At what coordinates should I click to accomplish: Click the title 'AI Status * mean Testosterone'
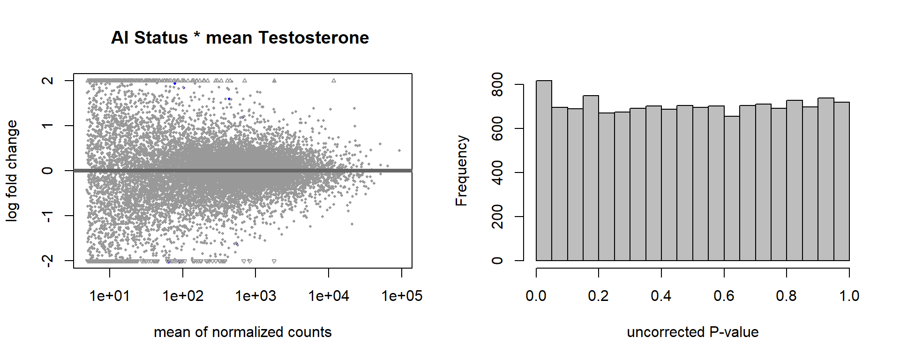[x=240, y=37]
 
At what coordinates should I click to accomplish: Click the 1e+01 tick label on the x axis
[x=110, y=296]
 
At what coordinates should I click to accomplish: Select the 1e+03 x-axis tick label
[x=255, y=296]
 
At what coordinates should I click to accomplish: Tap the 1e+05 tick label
[x=402, y=296]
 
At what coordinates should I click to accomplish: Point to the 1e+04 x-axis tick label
[x=329, y=296]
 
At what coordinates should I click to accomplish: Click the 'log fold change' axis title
[x=12, y=171]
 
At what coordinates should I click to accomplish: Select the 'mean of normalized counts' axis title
[x=243, y=332]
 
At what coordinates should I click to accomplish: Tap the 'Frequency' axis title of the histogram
[x=462, y=171]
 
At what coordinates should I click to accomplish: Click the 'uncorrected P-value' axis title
[x=693, y=332]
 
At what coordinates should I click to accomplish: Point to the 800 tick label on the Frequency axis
[x=497, y=84]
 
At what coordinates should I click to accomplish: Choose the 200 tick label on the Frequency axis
[x=497, y=217]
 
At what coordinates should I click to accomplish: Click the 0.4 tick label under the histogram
[x=661, y=296]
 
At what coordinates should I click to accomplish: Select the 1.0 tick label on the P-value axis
[x=849, y=296]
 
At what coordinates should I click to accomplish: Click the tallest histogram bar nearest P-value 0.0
[x=544, y=171]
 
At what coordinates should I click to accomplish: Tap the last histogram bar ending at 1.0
[x=841, y=181]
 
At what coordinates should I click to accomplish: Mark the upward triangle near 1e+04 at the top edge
[x=334, y=81]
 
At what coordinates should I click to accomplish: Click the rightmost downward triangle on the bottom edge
[x=274, y=261]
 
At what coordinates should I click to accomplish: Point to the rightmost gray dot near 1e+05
[x=399, y=150]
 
